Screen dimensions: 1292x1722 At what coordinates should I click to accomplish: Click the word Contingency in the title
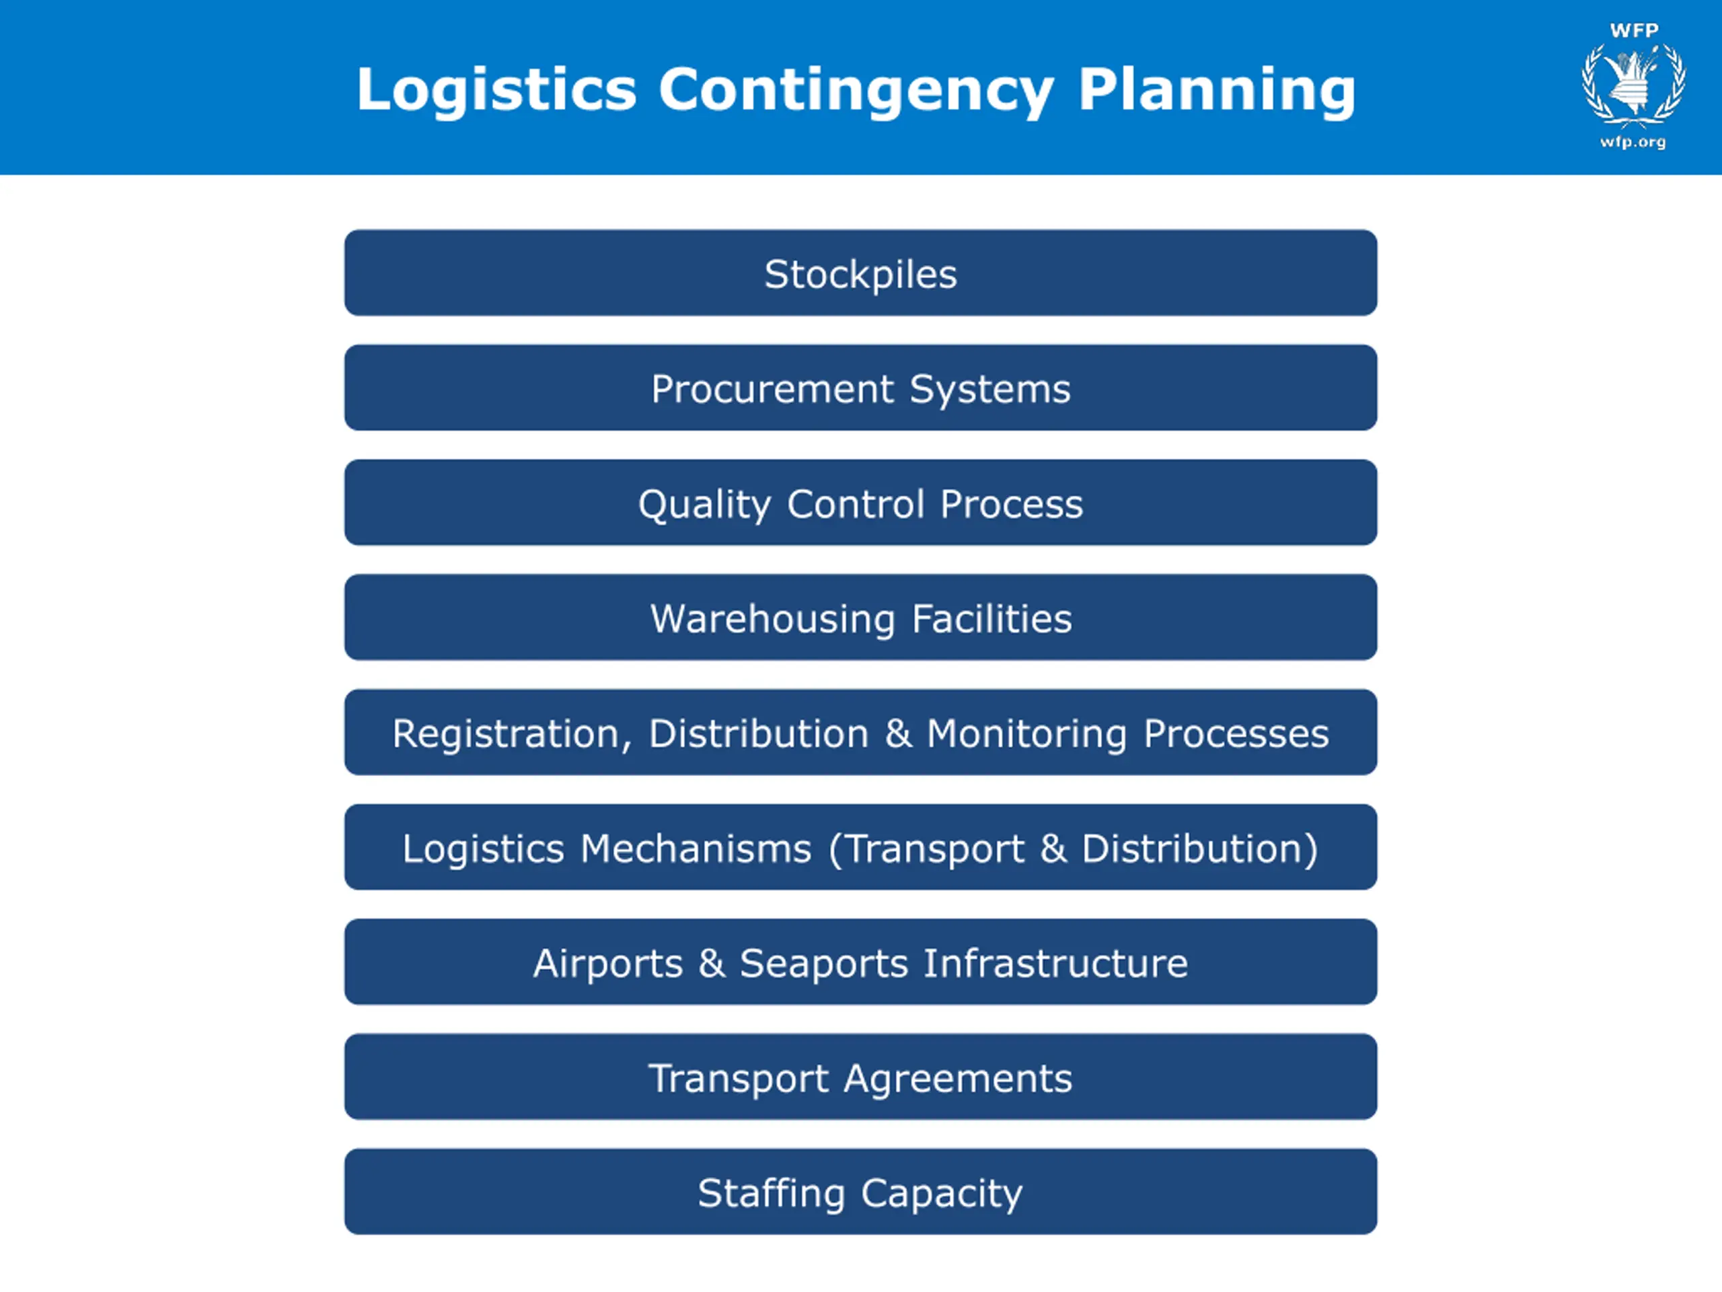(x=856, y=89)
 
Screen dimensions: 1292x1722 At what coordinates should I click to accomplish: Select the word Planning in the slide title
(x=1216, y=89)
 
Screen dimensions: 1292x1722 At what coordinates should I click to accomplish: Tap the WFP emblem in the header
(x=1633, y=84)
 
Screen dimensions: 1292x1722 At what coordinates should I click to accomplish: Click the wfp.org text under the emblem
(x=1633, y=142)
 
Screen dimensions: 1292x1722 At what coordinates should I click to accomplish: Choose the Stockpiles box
(x=860, y=273)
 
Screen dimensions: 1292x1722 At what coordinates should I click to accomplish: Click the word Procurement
(x=772, y=389)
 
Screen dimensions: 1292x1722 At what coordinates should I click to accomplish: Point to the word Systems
(x=989, y=389)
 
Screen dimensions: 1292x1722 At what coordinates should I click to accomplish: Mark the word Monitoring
(x=1026, y=733)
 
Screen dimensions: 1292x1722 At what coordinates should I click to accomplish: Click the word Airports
(x=607, y=964)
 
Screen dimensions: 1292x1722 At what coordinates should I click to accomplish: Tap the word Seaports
(x=823, y=964)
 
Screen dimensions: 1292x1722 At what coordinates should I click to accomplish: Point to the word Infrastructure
(x=1055, y=964)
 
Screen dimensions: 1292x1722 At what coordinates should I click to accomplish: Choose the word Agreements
(x=958, y=1079)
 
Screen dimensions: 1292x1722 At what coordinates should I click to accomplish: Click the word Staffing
(x=771, y=1193)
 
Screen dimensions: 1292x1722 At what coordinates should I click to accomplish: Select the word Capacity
(x=941, y=1193)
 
